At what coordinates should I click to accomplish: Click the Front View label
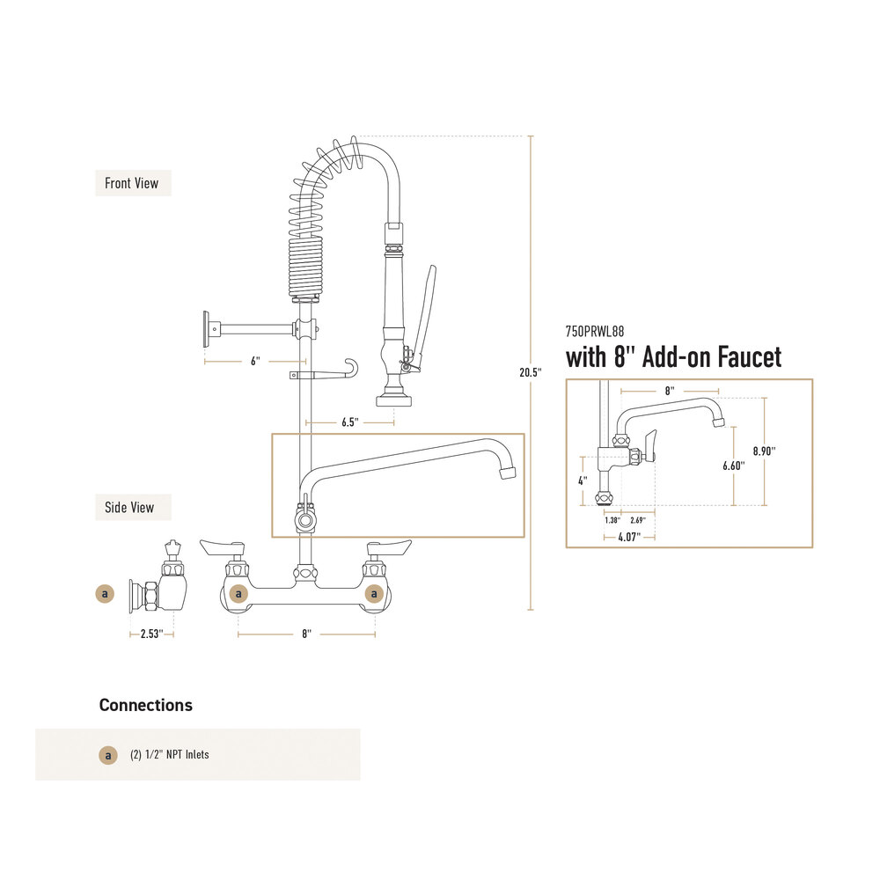pos(132,184)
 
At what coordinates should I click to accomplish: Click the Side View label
pos(129,508)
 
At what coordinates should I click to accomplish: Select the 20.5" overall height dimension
pos(531,372)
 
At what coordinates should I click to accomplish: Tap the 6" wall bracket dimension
pos(255,362)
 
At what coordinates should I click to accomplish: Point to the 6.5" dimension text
pos(350,422)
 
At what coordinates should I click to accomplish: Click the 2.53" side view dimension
pos(151,634)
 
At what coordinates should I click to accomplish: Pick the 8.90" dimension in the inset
pos(765,451)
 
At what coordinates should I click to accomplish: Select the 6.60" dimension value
pos(734,466)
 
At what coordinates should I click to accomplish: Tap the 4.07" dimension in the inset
pos(629,538)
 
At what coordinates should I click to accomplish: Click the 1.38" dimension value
pos(612,520)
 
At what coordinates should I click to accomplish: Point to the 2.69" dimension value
pos(638,520)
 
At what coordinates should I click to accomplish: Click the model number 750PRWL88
pos(595,332)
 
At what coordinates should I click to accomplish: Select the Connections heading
pos(146,706)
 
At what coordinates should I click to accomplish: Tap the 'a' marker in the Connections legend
pos(108,755)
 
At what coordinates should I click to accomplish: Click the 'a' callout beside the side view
pos(105,594)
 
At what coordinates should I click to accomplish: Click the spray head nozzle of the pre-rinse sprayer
pos(394,400)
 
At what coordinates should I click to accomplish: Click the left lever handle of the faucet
pos(224,547)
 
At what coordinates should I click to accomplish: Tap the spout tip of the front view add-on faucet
pos(508,473)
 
